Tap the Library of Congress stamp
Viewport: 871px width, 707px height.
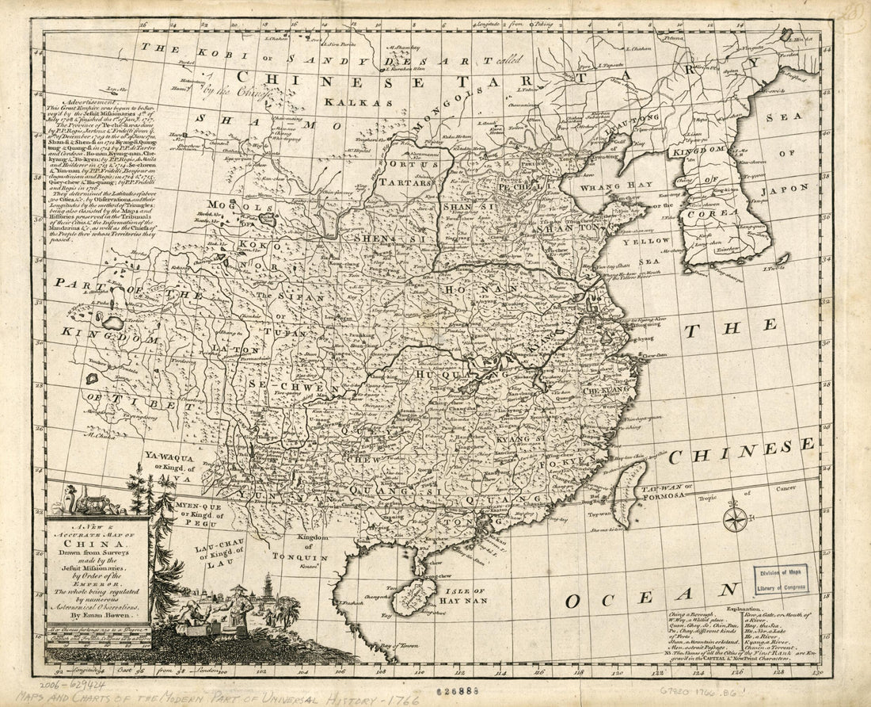[x=782, y=579]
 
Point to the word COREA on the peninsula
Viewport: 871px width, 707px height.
[x=708, y=214]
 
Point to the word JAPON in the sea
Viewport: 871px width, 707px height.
[x=781, y=189]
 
